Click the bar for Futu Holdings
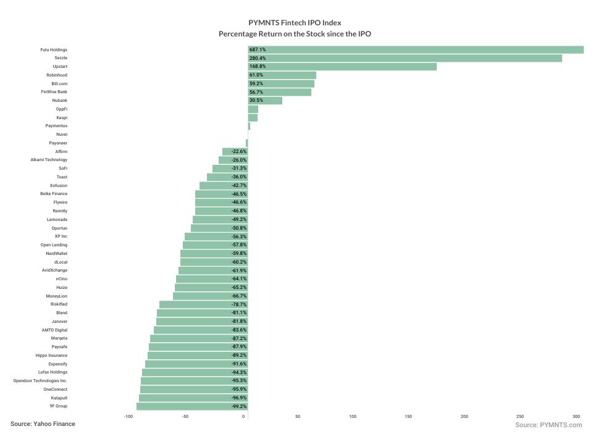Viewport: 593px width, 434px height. pos(415,49)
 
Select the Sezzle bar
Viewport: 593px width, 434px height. pos(405,58)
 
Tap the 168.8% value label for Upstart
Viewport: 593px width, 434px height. pos(258,67)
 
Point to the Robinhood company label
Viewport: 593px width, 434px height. pos(57,75)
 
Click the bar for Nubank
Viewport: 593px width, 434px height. pos(265,101)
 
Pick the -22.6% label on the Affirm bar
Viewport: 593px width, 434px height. pos(239,151)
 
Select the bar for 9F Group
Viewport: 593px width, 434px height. pos(191,406)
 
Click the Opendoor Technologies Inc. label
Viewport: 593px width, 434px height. pos(40,381)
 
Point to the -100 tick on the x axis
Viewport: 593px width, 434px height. pos(128,417)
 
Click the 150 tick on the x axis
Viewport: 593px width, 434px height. pos(408,417)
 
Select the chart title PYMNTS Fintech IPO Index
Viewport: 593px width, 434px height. pos(295,23)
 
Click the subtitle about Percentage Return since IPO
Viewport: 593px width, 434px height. pos(295,34)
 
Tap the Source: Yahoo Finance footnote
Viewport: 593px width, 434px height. pos(43,424)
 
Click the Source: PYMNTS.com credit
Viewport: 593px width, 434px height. pos(549,425)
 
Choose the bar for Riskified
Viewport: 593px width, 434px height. pos(203,304)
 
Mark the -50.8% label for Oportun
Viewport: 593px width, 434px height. pos(239,228)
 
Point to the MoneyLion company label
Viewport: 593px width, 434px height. pos(56,296)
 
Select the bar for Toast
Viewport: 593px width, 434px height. pos(227,177)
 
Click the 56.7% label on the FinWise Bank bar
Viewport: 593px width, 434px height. pos(256,92)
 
